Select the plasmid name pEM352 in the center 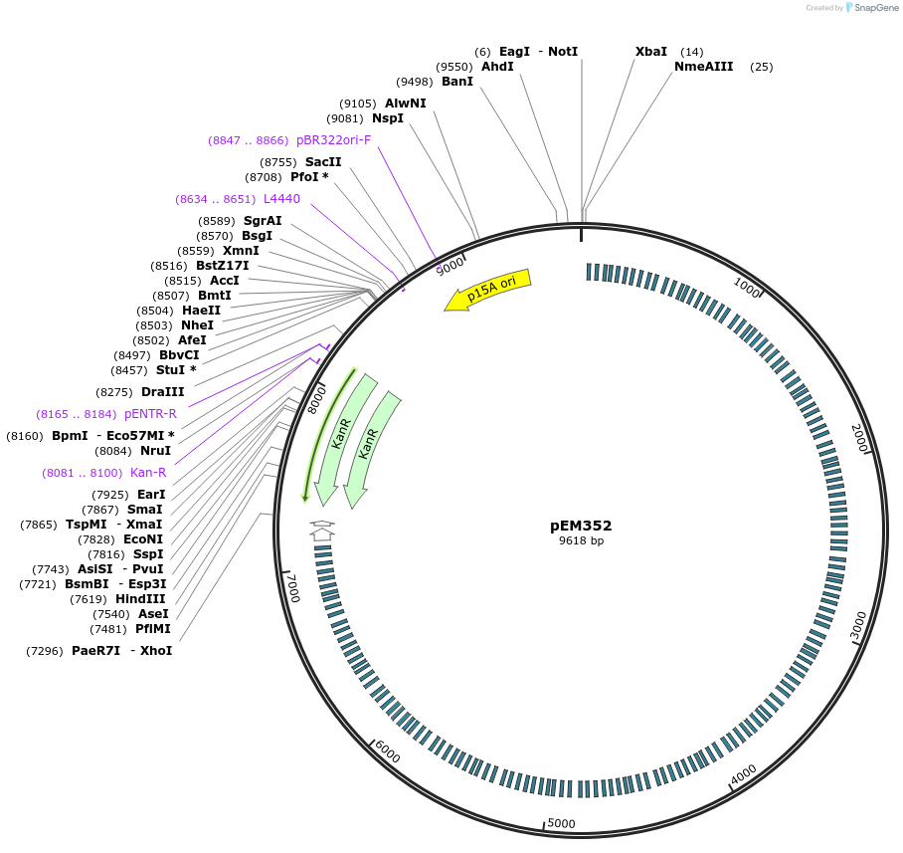[581, 526]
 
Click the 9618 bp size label [581, 541]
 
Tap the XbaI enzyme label [651, 52]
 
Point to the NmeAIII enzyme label [703, 67]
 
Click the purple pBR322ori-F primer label [333, 140]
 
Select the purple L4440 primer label [281, 199]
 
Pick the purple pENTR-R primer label [150, 414]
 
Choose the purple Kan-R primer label [148, 473]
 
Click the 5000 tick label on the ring [562, 823]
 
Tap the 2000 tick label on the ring [860, 438]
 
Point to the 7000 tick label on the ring [291, 587]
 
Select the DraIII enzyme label [162, 393]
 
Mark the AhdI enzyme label [497, 67]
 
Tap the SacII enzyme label [323, 162]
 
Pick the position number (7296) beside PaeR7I [46, 651]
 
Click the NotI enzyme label [563, 52]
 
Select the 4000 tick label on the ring [743, 773]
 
